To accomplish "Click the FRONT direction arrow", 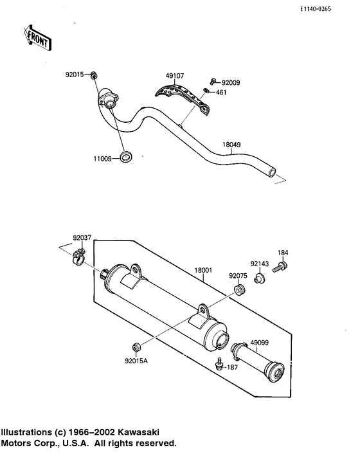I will (37, 37).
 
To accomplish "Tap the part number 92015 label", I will (74, 75).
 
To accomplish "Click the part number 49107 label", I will (174, 77).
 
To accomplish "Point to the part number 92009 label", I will (231, 83).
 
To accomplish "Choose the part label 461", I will (222, 93).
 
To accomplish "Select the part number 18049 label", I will (232, 145).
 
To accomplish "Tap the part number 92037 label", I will (82, 237).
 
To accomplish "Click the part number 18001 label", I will (203, 271).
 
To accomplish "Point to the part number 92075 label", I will (238, 276).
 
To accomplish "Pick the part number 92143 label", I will (259, 263).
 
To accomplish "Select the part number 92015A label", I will (136, 361).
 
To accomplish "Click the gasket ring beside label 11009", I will (128, 156).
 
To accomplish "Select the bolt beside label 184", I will (282, 266).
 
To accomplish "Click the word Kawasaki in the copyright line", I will (136, 433).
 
